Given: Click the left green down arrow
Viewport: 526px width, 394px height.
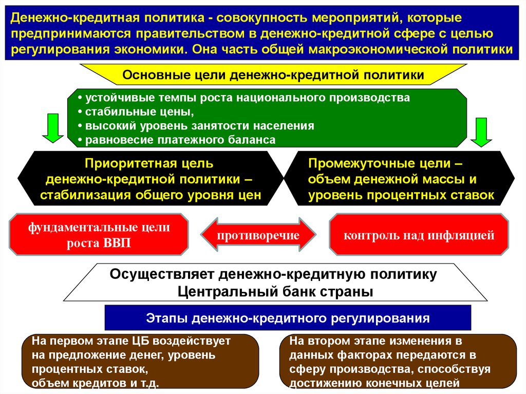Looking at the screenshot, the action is (x=51, y=128).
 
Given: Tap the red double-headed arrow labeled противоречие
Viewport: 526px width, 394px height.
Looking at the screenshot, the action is (x=258, y=235).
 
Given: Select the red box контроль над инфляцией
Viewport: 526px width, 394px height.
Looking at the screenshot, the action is (x=419, y=235).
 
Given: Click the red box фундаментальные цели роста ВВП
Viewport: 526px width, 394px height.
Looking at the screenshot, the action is (x=99, y=235).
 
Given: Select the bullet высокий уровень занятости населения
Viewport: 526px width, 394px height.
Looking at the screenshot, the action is (x=196, y=125).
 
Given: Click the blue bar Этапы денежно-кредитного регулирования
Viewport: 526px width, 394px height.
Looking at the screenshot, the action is (x=288, y=318).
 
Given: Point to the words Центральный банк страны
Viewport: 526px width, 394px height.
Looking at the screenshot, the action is (x=275, y=291).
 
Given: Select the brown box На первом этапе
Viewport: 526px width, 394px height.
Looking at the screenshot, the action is (x=139, y=362).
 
